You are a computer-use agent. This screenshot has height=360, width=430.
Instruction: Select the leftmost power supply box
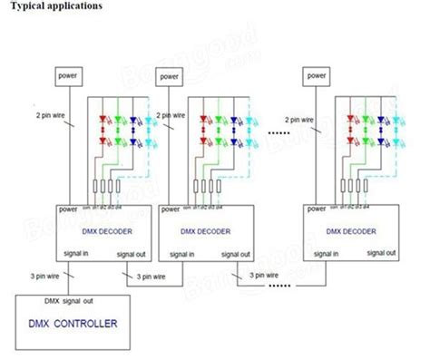69,75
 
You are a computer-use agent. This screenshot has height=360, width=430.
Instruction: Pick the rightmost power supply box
317,75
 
